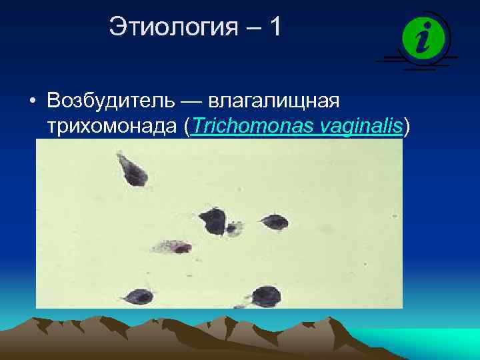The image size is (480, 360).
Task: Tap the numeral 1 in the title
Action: pos(275,27)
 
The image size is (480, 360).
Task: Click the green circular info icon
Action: pos(422,37)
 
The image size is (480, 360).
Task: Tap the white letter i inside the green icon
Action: pos(422,37)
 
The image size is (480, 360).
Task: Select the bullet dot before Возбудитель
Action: pos(32,102)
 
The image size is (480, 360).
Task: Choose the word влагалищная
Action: pos(275,102)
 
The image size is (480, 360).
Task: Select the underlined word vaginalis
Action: pos(361,127)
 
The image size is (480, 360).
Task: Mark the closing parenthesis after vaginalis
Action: pos(407,127)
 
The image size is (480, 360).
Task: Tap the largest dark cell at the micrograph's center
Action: pos(213,221)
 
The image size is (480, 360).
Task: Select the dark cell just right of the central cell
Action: pos(275,222)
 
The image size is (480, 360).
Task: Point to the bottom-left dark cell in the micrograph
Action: pos(139,297)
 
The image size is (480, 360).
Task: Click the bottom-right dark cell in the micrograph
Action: pos(265,295)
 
